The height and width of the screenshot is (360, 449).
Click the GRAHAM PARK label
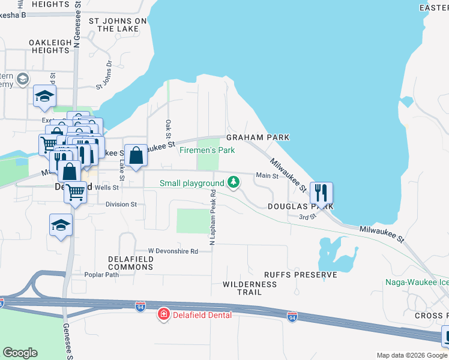[258, 137]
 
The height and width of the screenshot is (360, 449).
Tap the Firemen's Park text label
[207, 150]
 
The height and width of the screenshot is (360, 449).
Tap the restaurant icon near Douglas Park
[321, 193]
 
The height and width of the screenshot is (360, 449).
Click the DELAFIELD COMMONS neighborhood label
[131, 263]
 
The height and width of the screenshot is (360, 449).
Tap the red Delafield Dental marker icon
[163, 314]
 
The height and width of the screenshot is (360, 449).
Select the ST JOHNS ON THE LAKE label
[118, 25]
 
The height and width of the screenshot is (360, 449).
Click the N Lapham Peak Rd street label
[212, 217]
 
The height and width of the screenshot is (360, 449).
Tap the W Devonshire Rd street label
[173, 251]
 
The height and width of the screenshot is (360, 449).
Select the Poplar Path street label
[102, 275]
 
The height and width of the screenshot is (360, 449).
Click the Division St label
[121, 205]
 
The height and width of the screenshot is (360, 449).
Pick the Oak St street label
[168, 128]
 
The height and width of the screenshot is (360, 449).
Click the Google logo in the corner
[20, 353]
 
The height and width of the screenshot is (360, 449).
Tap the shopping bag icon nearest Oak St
[136, 155]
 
